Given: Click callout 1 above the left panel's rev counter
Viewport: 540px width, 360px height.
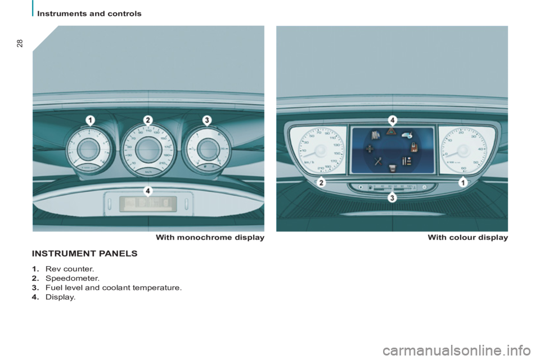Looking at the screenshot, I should (90, 119).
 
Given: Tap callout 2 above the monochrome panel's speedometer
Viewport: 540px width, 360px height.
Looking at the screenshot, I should (148, 119).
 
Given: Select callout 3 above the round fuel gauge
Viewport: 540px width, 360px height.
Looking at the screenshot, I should (206, 119).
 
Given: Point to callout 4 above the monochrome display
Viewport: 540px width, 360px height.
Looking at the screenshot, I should (147, 190).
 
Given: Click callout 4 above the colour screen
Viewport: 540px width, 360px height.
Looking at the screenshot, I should (391, 119).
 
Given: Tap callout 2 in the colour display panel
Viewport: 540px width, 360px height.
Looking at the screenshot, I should (321, 182).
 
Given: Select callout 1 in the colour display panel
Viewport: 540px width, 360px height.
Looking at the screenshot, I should (462, 182).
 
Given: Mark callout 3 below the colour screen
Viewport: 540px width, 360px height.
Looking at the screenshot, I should (391, 197).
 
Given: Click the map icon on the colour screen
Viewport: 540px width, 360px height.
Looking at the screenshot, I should (375, 135).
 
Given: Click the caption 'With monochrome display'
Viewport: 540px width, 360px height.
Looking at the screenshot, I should (210, 238).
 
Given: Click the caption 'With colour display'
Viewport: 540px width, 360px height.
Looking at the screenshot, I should (467, 238).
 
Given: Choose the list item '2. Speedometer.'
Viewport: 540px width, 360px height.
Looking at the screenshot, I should (66, 278).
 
